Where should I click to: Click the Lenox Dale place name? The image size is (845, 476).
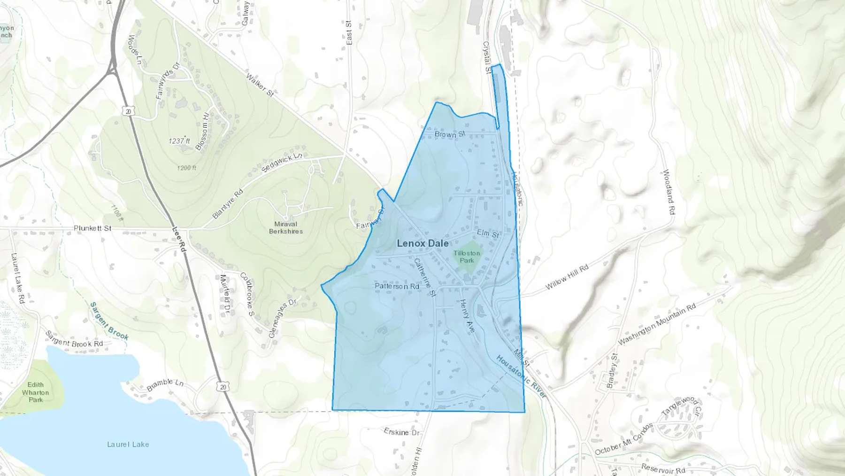pos(422,243)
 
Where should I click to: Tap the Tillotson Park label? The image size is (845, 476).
pos(467,257)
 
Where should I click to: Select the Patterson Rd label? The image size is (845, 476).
pos(397,286)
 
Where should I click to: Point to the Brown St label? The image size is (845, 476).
pos(449,134)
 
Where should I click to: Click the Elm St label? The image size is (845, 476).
pos(488,233)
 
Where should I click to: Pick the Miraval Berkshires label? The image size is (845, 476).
pos(285,227)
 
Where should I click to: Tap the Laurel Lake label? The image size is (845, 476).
pos(128,444)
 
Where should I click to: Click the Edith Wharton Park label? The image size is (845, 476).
pos(36,392)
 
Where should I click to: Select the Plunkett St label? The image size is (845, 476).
pos(92,228)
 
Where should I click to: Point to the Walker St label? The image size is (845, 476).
pos(260,85)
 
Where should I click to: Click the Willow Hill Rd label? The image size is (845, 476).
pos(567,277)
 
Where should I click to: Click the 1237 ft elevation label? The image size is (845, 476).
pos(179,141)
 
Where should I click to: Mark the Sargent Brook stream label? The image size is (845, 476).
pos(109,321)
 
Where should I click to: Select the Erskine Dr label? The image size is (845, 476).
pos(401,432)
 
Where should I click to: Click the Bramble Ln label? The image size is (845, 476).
pos(165,385)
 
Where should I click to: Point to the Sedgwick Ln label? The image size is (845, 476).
pos(282,162)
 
